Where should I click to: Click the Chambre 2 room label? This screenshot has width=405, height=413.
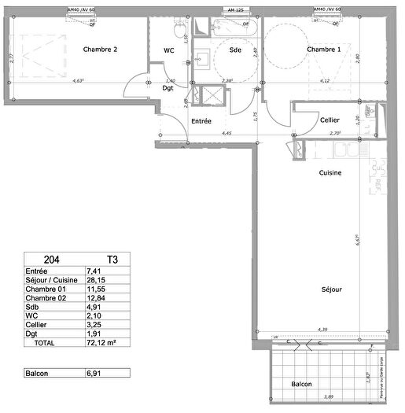click(x=100, y=50)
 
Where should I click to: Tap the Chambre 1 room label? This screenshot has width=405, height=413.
click(x=324, y=50)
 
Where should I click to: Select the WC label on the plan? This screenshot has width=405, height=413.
click(x=168, y=50)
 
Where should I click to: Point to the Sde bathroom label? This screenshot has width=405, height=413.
click(x=234, y=50)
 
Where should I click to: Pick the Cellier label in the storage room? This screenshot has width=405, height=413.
click(x=330, y=120)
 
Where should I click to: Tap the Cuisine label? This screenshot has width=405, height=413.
click(x=330, y=172)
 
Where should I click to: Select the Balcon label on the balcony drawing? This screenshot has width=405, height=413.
click(x=301, y=385)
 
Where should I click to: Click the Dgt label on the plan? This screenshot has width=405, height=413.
click(x=168, y=89)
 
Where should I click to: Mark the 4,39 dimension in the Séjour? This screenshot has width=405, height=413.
click(x=322, y=330)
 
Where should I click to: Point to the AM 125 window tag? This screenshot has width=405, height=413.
click(x=234, y=10)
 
